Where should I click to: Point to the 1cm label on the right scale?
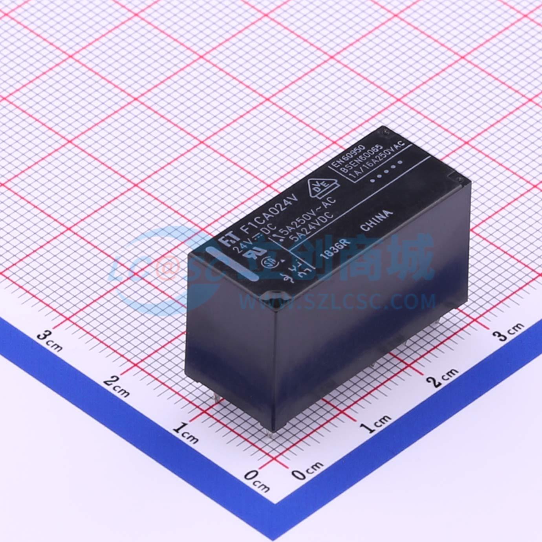[x=377, y=423]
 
